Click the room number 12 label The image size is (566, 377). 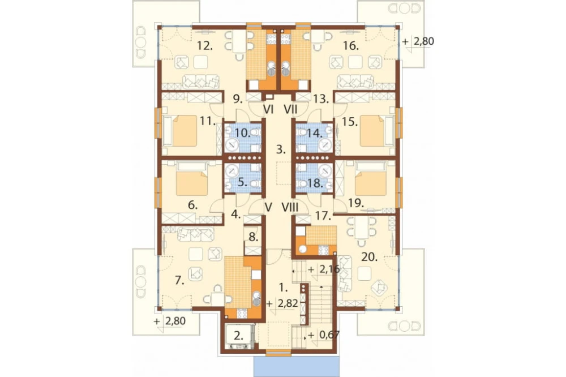pos(205,46)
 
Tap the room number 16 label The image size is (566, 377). pos(351,46)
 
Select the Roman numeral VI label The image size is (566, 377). pos(268,109)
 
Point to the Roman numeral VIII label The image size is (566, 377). pos(290,207)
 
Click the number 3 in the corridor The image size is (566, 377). pos(281,149)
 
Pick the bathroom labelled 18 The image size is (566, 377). pos(315,177)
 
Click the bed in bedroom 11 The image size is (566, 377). pos(185,131)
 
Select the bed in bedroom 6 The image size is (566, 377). pos(192,179)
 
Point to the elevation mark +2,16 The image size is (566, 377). pos(323,269)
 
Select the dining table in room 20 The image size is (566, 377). pos(361,228)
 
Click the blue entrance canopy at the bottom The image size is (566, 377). pos(297,367)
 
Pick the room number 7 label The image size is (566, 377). pos(179,280)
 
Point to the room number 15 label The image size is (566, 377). pos(349,122)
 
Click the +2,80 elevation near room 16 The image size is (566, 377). pos(419,41)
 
